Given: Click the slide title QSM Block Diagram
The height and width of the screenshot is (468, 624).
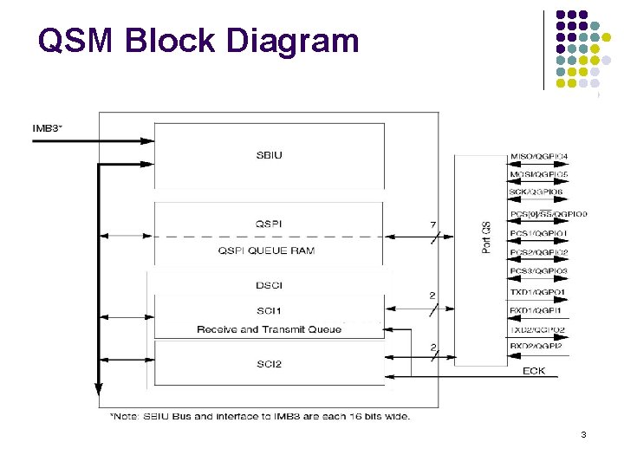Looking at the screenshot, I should tap(198, 40).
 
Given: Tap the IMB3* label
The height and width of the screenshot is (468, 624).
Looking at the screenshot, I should tap(47, 129).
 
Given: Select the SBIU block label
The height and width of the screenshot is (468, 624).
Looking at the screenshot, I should tap(269, 156).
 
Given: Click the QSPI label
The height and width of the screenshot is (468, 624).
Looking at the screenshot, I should tap(269, 224).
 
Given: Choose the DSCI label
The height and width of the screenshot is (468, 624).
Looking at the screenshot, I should tap(269, 285).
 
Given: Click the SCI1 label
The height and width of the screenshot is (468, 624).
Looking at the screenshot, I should tap(269, 310).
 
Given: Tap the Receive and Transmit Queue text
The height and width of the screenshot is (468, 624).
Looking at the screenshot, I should tap(269, 329).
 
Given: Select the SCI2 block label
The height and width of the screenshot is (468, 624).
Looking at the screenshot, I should tap(269, 364).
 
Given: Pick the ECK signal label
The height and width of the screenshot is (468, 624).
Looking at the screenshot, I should tap(534, 372).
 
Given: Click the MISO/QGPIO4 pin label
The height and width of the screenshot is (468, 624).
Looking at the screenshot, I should tap(539, 157).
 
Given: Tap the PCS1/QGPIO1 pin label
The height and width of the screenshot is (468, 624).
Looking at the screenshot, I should tap(539, 233).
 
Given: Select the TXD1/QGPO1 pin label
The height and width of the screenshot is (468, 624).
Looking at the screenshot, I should tap(537, 292).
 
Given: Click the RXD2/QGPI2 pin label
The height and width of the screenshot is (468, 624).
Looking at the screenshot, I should tap(537, 347).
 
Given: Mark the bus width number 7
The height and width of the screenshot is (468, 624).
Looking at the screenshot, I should tap(432, 225).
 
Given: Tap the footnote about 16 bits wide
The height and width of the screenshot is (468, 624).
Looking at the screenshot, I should tap(260, 416).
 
